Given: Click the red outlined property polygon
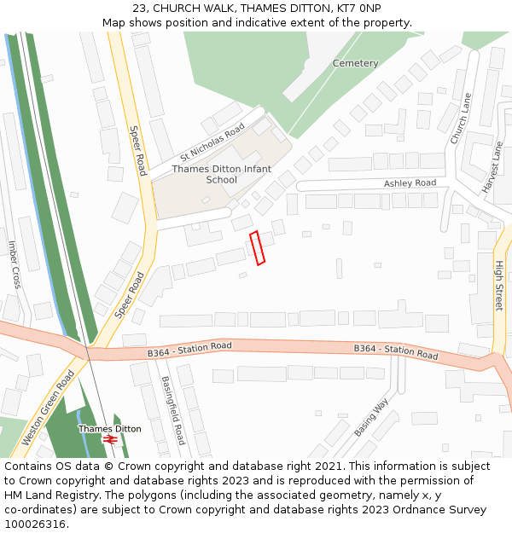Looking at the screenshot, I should tap(257, 247).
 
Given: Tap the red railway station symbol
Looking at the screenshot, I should tap(109, 439).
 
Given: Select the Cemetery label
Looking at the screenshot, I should tap(355, 64).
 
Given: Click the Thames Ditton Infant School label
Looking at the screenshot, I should tap(222, 174).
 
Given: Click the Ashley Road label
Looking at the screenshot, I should tap(410, 183).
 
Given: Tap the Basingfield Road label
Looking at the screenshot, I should tap(173, 410).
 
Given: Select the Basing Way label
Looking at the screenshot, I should tap(371, 416).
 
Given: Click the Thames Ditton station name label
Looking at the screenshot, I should tap(110, 428).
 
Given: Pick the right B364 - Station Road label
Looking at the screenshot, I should tap(396, 351).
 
